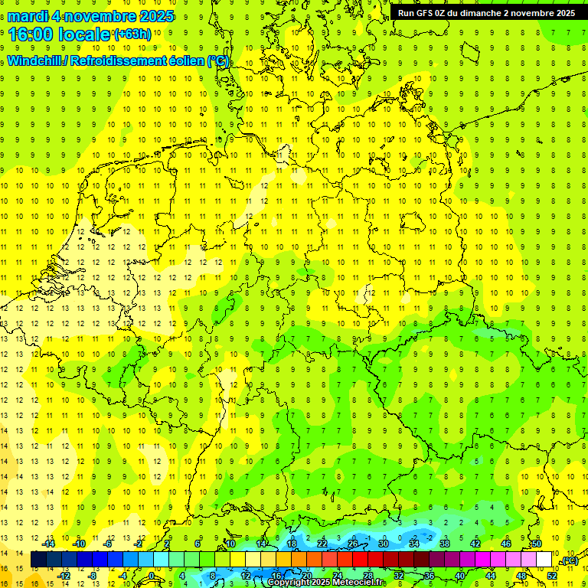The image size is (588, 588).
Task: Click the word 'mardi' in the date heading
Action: click(x=28, y=16)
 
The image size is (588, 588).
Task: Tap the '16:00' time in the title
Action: click(x=32, y=34)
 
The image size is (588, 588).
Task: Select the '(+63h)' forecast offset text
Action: click(x=132, y=34)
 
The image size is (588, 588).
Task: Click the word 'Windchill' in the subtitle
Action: click(x=36, y=60)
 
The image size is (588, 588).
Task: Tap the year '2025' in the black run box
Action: click(x=563, y=13)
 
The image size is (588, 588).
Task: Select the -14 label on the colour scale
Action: click(x=48, y=544)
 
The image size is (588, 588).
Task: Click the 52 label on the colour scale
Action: click(x=551, y=575)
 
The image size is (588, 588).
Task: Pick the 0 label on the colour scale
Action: click(x=152, y=575)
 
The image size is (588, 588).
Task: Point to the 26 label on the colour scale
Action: click(x=353, y=544)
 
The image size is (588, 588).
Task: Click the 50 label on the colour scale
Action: click(x=537, y=544)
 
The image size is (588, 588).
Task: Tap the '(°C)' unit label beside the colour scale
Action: click(x=568, y=560)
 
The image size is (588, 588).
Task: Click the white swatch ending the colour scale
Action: click(x=544, y=560)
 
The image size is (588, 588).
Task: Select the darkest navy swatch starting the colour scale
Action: click(x=38, y=560)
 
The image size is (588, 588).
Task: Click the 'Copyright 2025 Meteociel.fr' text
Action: click(x=325, y=583)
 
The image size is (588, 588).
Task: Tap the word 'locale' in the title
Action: click(x=83, y=34)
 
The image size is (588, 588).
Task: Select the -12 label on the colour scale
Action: click(x=64, y=575)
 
